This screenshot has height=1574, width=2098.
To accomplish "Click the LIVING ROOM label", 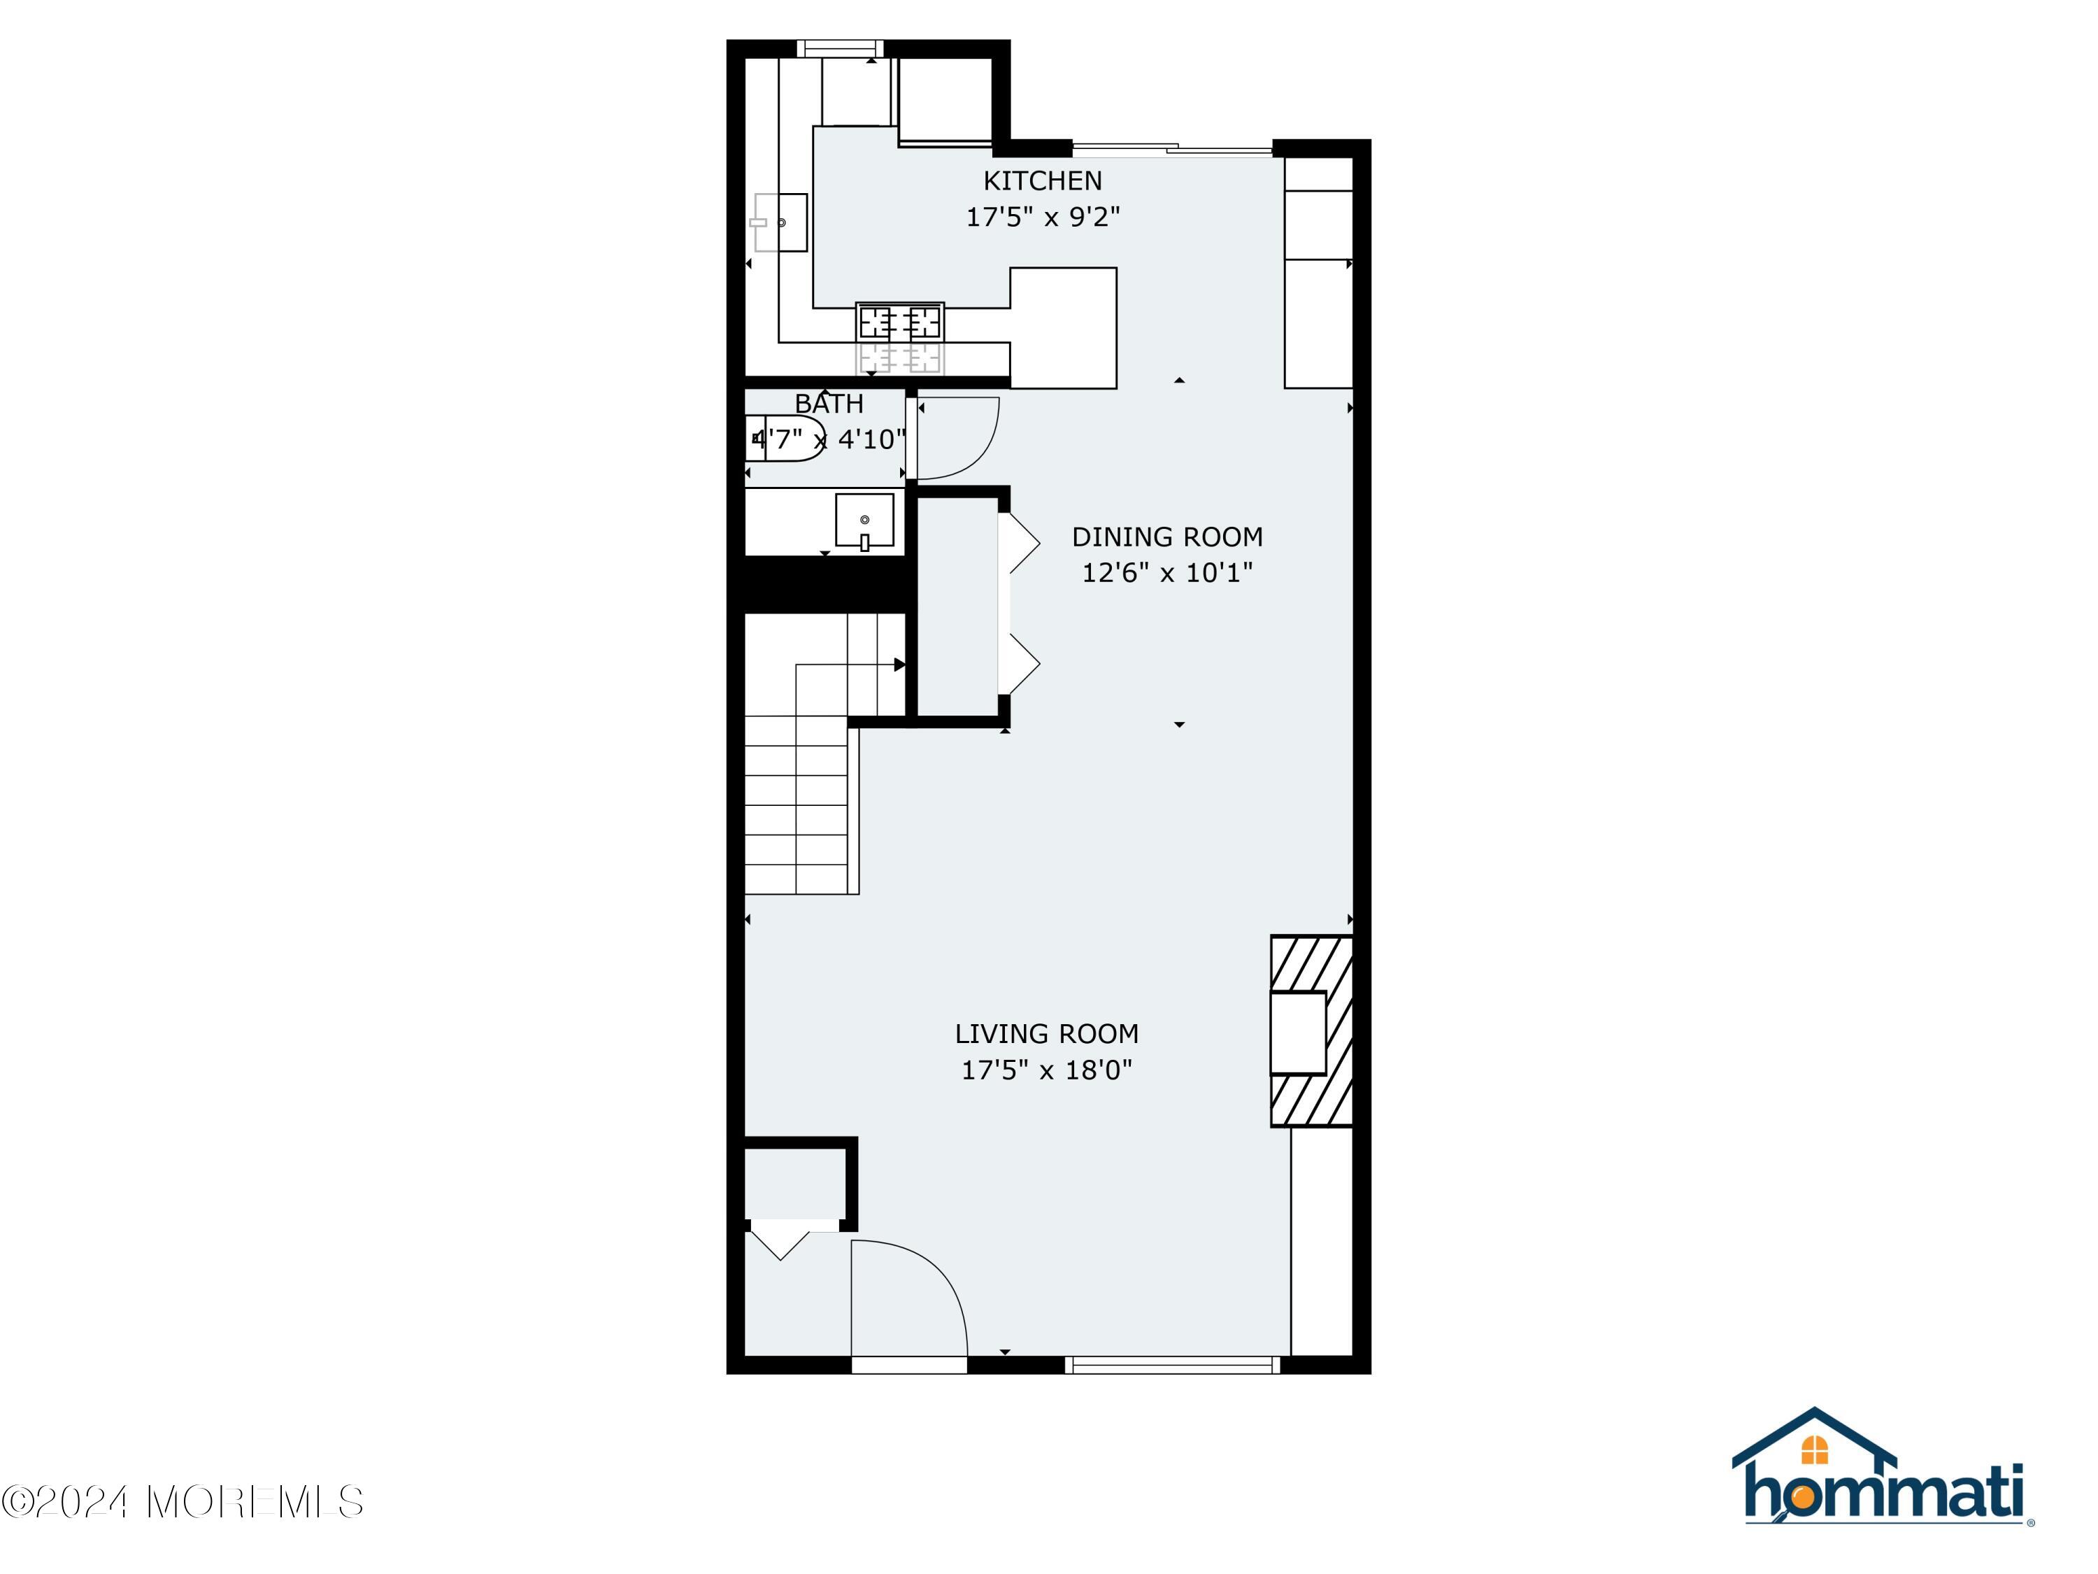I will tap(1046, 1033).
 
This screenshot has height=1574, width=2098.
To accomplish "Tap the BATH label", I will tap(829, 403).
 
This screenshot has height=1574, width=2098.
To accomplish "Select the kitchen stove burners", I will tap(899, 323).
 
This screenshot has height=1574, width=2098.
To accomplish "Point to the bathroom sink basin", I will tap(864, 520).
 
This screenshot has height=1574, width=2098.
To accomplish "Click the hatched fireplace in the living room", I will tap(1312, 1031).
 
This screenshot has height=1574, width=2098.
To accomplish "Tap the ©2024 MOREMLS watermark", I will tap(182, 1502).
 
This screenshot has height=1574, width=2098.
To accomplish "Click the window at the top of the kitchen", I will tap(839, 48).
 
